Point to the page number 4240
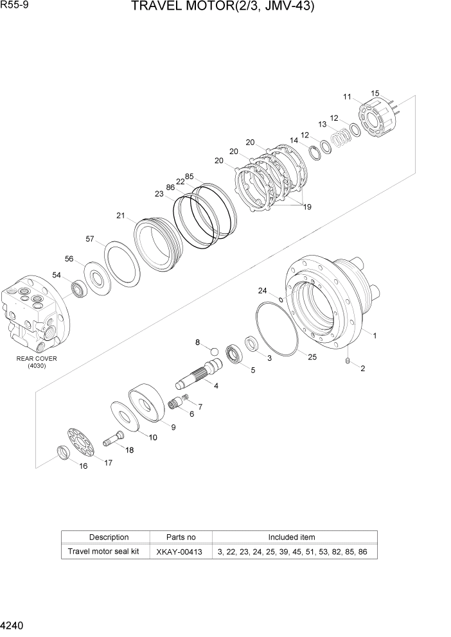point(13,624)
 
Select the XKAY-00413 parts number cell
point(180,552)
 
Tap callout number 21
point(121,216)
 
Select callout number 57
point(91,239)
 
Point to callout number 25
point(312,357)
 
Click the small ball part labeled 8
point(213,351)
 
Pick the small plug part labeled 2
point(347,363)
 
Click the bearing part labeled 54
point(79,290)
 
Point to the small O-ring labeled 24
point(281,299)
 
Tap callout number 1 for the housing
point(374,335)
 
